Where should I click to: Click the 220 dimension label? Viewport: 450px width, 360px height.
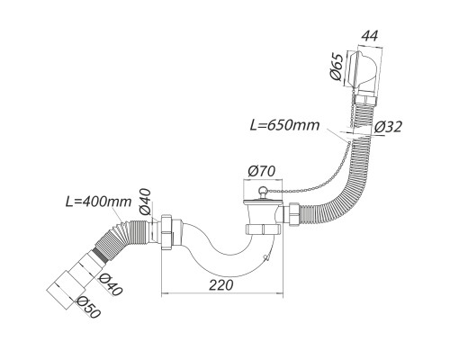pyautogui.click(x=220, y=284)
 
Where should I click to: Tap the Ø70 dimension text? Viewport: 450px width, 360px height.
pyautogui.click(x=261, y=172)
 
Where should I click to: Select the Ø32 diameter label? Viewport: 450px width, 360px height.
pyautogui.click(x=388, y=127)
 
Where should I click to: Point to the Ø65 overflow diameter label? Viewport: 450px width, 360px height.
pyautogui.click(x=336, y=67)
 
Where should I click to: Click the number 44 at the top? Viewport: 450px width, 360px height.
pyautogui.click(x=369, y=36)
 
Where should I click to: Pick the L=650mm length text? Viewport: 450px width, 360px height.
pyautogui.click(x=284, y=125)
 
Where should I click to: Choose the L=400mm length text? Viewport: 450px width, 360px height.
pyautogui.click(x=99, y=202)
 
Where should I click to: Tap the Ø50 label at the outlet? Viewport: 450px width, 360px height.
pyautogui.click(x=88, y=307)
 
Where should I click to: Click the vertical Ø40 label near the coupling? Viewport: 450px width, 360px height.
pyautogui.click(x=145, y=202)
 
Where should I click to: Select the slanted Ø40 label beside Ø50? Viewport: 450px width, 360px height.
pyautogui.click(x=110, y=284)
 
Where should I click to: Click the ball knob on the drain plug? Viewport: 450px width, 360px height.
pyautogui.click(x=263, y=190)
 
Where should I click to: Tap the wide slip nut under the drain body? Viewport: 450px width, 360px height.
pyautogui.click(x=264, y=229)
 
